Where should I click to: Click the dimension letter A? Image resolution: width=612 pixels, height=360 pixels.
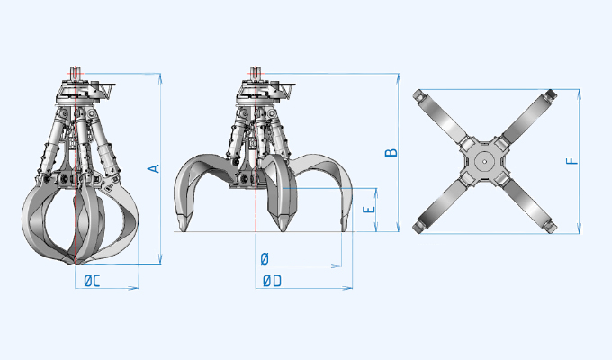coord(154,168)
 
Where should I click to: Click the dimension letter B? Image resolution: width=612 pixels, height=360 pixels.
coord(391,152)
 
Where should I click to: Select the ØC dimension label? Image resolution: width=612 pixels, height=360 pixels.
coord(91,282)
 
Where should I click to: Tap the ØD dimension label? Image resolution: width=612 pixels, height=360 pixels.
coord(272,282)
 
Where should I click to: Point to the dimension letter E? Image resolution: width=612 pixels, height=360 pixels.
coord(365,209)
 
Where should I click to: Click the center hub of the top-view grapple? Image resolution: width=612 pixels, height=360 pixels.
coord(484,162)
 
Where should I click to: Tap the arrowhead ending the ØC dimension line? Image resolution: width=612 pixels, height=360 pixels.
coord(137,288)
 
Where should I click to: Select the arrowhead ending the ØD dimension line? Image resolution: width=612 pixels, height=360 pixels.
coord(349,288)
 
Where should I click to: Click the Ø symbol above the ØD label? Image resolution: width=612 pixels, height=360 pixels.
coord(265,259)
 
